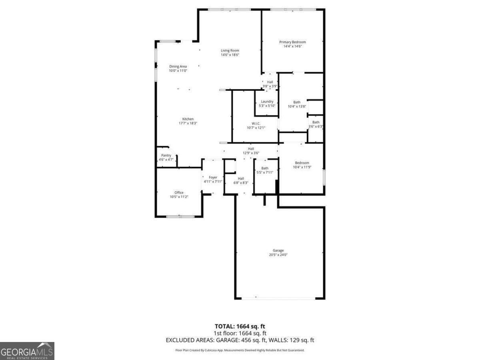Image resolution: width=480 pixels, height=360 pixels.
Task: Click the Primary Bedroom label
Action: [x=292, y=42]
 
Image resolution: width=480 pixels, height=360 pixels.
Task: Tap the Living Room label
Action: [x=230, y=50]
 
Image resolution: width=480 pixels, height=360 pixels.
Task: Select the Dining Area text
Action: [x=178, y=66]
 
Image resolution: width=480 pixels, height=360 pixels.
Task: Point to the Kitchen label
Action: [x=188, y=119]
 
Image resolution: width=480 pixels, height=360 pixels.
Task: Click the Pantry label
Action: [x=166, y=155]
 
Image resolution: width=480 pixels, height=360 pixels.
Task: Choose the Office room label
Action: [x=179, y=192]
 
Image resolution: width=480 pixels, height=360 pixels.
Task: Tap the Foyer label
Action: [x=213, y=177]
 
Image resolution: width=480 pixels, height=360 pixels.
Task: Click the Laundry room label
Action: [x=267, y=102]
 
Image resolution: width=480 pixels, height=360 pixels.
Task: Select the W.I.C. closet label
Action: [x=256, y=123]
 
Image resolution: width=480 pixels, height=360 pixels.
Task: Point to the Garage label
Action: [x=278, y=250]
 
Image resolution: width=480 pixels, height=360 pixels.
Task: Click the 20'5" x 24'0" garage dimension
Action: [x=278, y=255]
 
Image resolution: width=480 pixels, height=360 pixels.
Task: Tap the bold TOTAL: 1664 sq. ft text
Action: [x=240, y=326]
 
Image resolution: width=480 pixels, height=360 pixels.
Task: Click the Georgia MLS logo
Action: [x=27, y=351]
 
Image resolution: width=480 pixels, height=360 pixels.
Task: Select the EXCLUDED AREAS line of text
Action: [x=240, y=340]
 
